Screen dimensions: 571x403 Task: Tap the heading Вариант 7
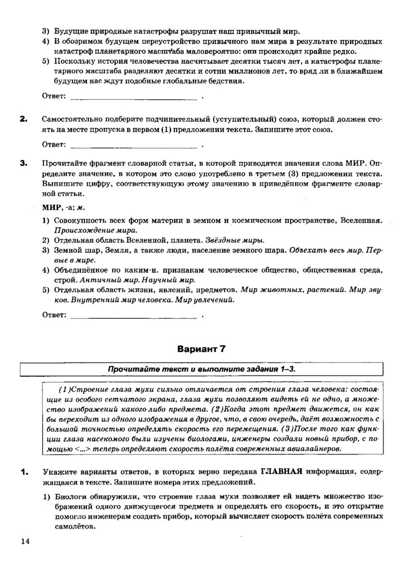coord(201,349)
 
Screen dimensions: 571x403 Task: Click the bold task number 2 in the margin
coord(23,119)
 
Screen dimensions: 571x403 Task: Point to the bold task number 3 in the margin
coord(23,163)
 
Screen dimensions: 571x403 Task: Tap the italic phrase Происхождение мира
coord(95,230)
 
